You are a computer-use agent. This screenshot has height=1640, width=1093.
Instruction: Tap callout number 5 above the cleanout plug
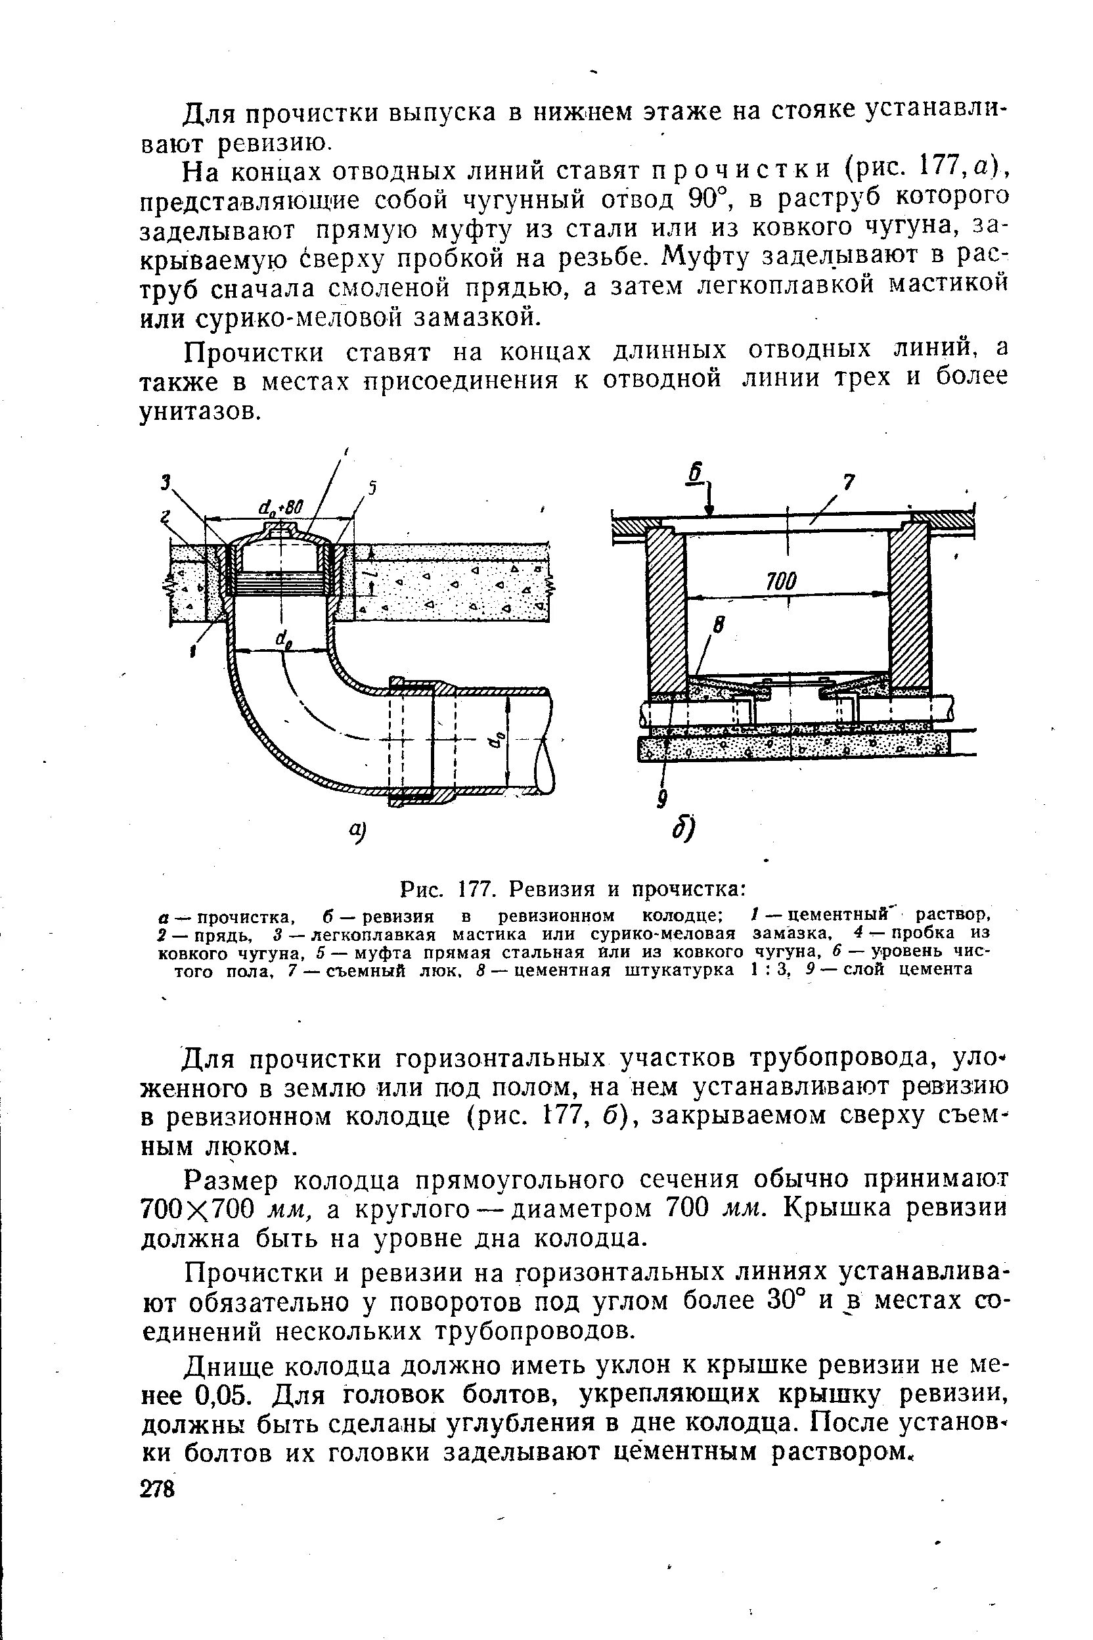click(372, 488)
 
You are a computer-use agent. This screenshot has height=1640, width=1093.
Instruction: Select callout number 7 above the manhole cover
click(849, 482)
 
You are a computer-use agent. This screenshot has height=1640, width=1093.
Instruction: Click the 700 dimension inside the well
click(781, 581)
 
